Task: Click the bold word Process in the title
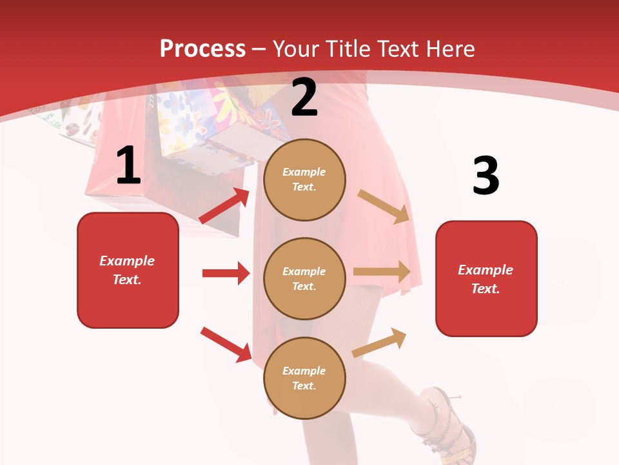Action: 202,49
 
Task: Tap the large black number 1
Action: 128,166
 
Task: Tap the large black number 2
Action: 304,98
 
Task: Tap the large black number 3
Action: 486,176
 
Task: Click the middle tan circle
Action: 304,278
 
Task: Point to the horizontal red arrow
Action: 226,273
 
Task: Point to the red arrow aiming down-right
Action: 226,344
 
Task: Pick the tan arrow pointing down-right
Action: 384,206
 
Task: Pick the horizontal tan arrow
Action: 382,272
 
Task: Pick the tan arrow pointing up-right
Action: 380,342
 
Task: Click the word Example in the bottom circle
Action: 304,371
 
